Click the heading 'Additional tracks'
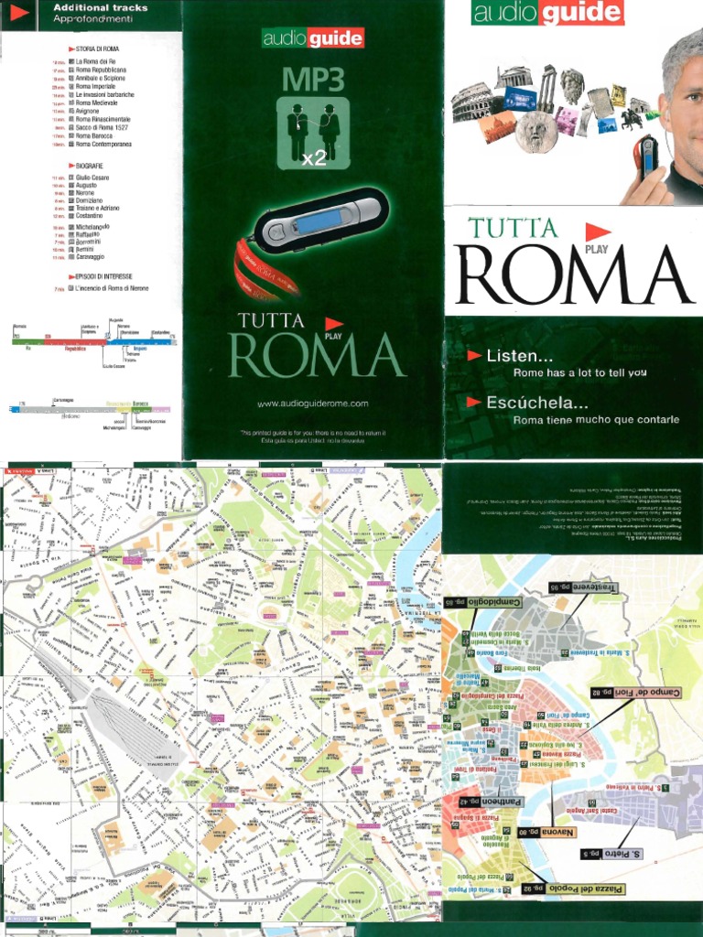[x=101, y=8]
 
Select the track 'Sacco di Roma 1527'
[x=102, y=128]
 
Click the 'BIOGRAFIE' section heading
[x=89, y=166]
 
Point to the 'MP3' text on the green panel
[x=312, y=80]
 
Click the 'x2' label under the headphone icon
[x=314, y=158]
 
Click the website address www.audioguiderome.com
[x=312, y=404]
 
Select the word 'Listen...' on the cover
[x=519, y=355]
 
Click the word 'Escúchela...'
[x=536, y=402]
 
